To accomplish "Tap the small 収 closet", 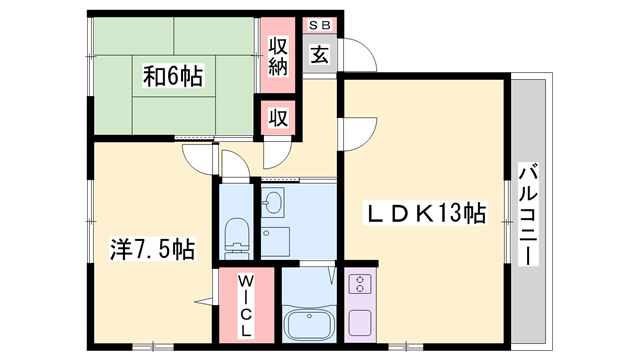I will coord(279,117).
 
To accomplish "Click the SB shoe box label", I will coord(320,23).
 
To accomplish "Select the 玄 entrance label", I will coord(319,55).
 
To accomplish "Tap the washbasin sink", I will coord(274,204).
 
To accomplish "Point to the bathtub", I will coord(310,324).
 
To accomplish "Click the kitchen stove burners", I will coord(359,286).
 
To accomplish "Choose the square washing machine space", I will coord(275,241).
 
